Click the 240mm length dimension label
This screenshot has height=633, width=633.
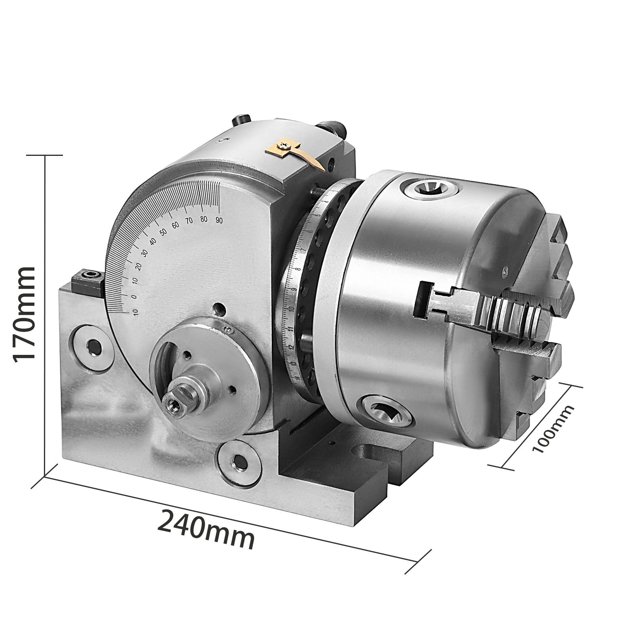tap(206, 529)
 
